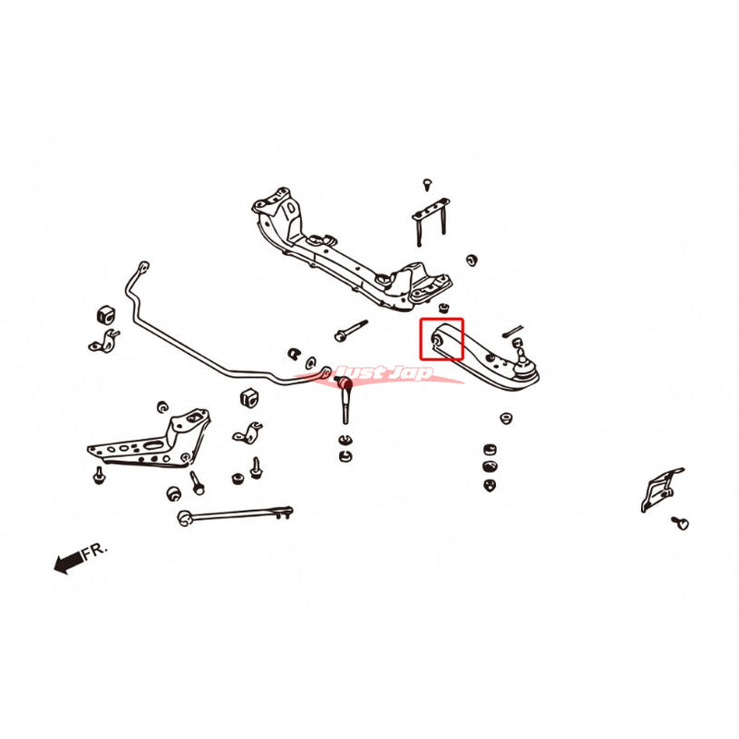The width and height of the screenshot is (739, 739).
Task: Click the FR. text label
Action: click(x=95, y=551)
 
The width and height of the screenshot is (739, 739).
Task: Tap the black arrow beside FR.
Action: click(x=68, y=563)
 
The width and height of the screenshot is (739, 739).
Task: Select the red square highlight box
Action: click(x=442, y=339)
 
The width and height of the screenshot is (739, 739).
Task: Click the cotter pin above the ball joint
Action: click(x=513, y=331)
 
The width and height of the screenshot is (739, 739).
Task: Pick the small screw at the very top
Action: click(x=428, y=184)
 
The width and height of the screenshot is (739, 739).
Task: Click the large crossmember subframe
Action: click(x=352, y=248)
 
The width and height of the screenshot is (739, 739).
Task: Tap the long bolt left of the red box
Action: click(x=351, y=330)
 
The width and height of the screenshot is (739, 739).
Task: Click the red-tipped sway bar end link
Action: click(x=345, y=399)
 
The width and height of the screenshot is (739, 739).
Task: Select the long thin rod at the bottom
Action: click(x=235, y=515)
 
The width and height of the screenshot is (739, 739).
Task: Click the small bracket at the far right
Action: click(x=662, y=490)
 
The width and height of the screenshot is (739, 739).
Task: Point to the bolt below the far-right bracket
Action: click(x=680, y=522)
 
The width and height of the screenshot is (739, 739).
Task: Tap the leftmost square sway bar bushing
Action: click(x=106, y=315)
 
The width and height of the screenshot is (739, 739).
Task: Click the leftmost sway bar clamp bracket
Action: click(x=103, y=341)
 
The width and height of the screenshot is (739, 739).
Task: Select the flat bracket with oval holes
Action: click(x=149, y=440)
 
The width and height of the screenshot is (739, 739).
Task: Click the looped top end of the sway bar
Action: click(x=143, y=268)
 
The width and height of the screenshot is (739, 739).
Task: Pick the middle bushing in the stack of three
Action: click(x=491, y=466)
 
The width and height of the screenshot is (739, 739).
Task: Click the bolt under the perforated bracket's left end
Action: click(x=99, y=475)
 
